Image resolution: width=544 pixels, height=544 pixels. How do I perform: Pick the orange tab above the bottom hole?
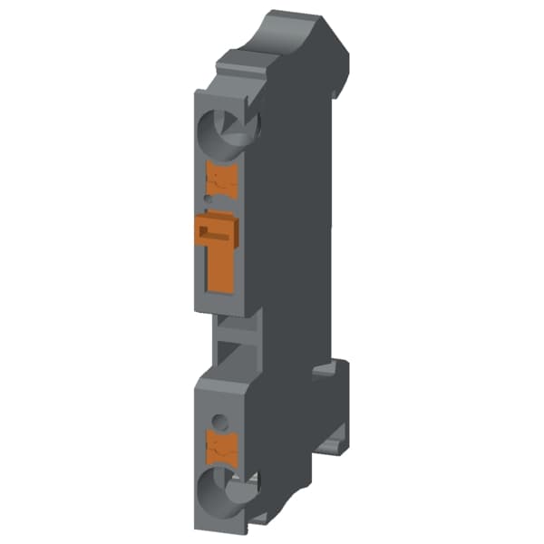click(222, 445)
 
